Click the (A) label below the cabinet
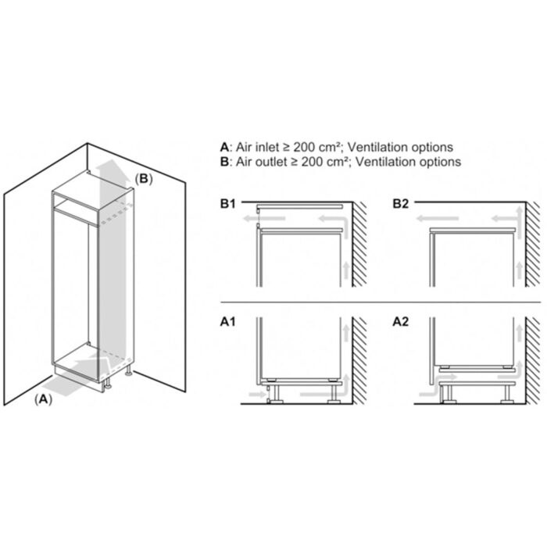(x=43, y=399)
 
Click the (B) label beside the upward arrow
(x=144, y=179)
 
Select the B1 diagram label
(x=228, y=204)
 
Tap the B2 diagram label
(x=400, y=204)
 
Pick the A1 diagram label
(x=228, y=322)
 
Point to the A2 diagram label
(x=400, y=322)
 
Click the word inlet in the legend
(x=267, y=147)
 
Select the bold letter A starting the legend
(x=224, y=147)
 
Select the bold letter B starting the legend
(x=224, y=162)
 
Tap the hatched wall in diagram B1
(x=359, y=244)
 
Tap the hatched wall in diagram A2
(x=532, y=361)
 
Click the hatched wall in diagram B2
(x=532, y=244)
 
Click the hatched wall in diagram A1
(x=359, y=361)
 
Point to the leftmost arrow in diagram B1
(x=264, y=219)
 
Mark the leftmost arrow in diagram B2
(x=437, y=219)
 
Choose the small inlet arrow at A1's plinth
(x=257, y=395)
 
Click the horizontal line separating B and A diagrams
(x=381, y=302)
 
